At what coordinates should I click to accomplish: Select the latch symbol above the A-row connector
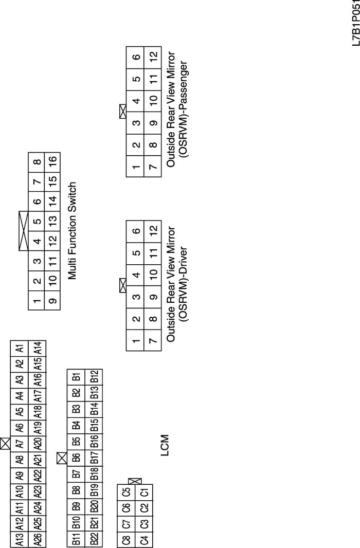tap(5, 444)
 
